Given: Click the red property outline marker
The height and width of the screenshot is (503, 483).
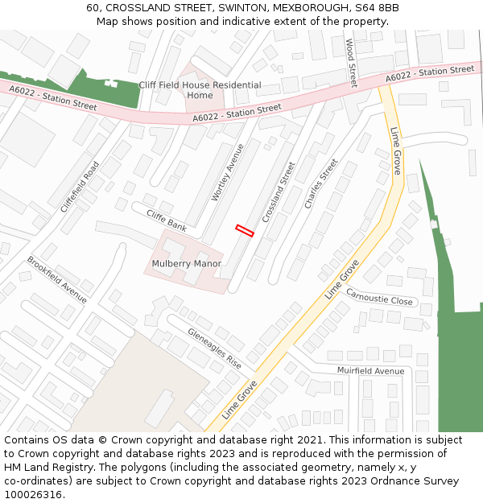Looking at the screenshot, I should tap(245, 231).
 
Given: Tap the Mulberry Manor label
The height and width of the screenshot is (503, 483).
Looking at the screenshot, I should tap(186, 264).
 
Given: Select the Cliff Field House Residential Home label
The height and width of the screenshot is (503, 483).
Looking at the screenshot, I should tap(200, 90).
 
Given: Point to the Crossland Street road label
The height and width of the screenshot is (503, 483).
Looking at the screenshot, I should tap(279, 192).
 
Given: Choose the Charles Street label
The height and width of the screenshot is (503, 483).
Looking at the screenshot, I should tap(321, 183).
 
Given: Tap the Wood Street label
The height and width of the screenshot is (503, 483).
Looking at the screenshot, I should tap(351, 63).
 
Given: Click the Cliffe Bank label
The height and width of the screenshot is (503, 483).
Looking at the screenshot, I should tap(167, 222).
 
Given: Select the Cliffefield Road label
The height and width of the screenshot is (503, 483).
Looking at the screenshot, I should tap(80, 187).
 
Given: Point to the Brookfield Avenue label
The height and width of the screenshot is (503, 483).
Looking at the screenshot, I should tap(57, 280).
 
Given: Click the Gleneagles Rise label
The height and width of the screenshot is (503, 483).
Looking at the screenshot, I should tap(215, 348).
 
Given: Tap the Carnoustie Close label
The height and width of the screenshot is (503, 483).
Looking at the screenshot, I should tap(379, 296).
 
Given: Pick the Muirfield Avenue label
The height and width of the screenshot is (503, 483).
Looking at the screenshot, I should tap(371, 371).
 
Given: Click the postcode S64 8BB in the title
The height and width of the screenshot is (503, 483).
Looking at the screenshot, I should tap(378, 8).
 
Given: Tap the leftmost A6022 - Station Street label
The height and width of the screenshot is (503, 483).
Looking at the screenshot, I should tap(53, 97).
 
